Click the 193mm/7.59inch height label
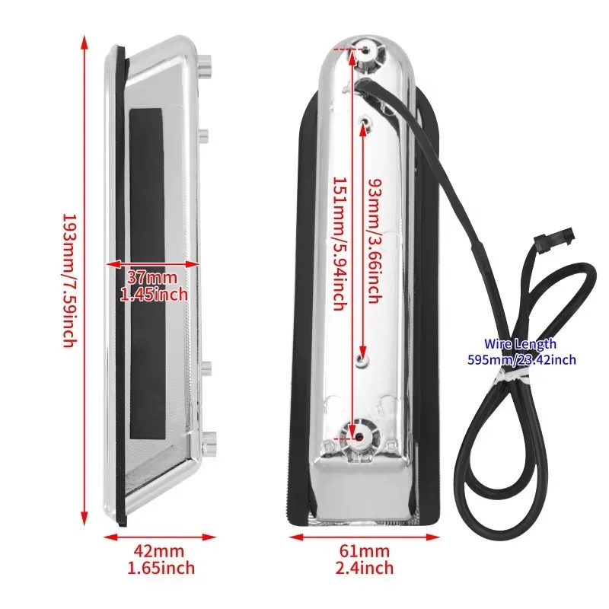70,280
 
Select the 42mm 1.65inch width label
161,560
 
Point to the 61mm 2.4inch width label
365,560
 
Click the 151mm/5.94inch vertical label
340,244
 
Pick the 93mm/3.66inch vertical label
375,241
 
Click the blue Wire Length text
520,344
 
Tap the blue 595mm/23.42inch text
521,359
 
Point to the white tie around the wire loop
511,375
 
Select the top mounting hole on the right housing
366,49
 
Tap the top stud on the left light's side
206,65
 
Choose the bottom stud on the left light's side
208,442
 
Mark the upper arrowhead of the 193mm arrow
84,43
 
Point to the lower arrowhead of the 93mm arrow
362,351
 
